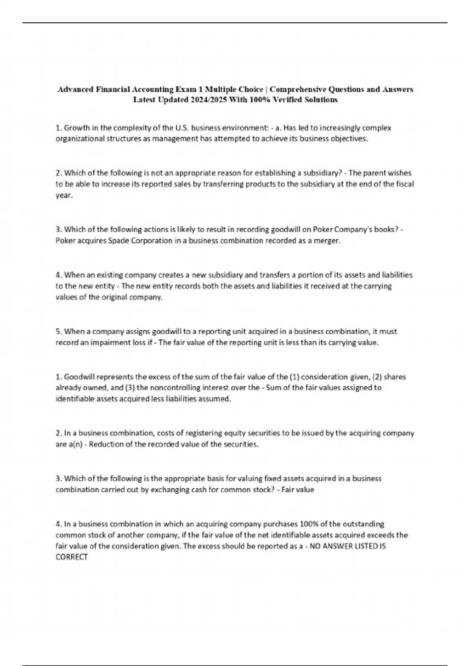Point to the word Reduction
pyautogui.click(x=105, y=444)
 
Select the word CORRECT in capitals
pyautogui.click(x=72, y=557)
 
